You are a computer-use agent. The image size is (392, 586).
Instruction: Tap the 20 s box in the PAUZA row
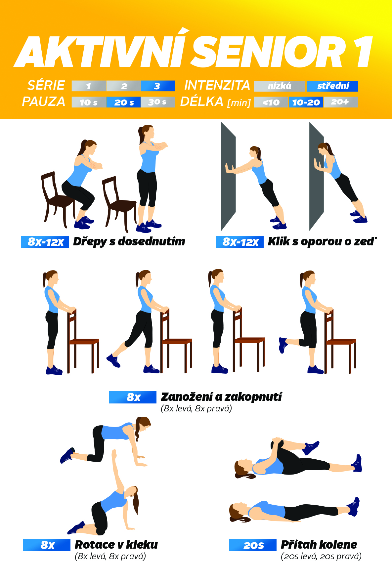point(124,102)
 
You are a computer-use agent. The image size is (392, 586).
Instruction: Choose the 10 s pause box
point(89,102)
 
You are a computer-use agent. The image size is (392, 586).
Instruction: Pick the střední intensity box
point(332,86)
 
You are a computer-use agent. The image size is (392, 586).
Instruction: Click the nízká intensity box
point(280,86)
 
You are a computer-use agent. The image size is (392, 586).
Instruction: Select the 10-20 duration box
point(306,102)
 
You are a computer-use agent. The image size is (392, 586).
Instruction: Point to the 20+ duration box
point(340,102)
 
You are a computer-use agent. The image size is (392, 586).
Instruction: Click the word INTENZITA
point(217,85)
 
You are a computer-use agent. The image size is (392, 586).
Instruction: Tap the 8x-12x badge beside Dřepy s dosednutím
point(45,242)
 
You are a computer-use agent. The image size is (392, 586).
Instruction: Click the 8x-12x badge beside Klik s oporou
point(240,242)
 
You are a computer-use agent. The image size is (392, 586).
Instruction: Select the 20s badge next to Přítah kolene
point(253,545)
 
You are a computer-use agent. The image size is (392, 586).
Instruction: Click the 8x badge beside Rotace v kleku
point(47,545)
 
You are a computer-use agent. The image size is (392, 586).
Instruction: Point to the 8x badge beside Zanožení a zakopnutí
point(133,397)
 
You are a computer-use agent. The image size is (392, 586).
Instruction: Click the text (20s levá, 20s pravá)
point(321,556)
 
